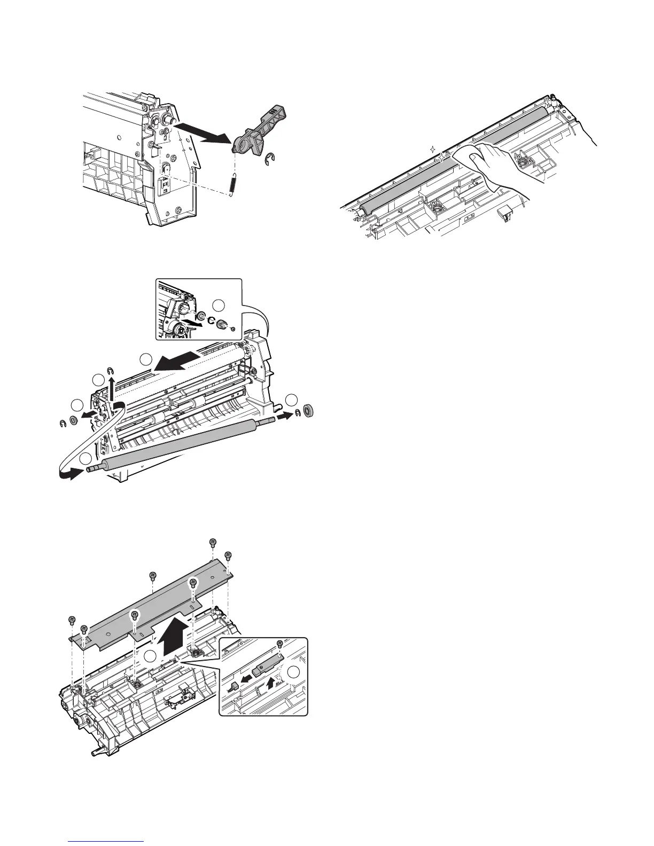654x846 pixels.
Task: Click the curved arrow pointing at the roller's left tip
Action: click(x=69, y=475)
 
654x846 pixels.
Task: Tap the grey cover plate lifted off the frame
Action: click(x=155, y=604)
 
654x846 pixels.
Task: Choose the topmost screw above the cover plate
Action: click(x=213, y=543)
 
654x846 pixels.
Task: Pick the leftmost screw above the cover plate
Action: click(x=72, y=620)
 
